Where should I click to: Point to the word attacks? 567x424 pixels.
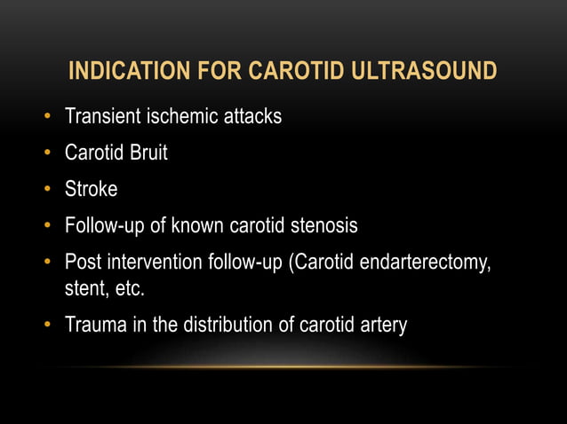pyautogui.click(x=249, y=116)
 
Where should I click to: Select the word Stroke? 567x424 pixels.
pyautogui.click(x=91, y=190)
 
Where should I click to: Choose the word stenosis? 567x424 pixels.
pyautogui.click(x=321, y=226)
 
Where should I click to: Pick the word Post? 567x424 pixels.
pyautogui.click(x=84, y=263)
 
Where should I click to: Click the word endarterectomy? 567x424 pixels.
pyautogui.click(x=423, y=263)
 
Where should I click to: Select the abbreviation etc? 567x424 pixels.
pyautogui.click(x=127, y=289)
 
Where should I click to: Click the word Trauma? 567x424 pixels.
pyautogui.click(x=97, y=326)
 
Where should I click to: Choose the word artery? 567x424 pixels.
pyautogui.click(x=380, y=326)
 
